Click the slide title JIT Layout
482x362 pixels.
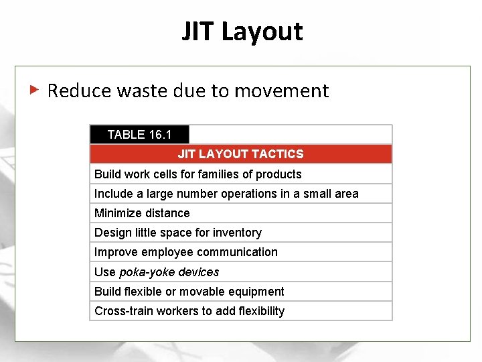point(242,32)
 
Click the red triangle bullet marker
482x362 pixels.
point(34,89)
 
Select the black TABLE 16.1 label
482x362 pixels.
point(139,135)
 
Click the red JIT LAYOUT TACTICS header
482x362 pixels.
point(240,154)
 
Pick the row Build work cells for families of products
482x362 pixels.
point(198,174)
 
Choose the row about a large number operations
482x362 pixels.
point(226,194)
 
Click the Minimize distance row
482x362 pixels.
point(142,213)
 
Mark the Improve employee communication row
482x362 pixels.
point(186,252)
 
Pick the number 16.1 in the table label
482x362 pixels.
point(160,135)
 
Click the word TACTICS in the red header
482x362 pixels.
point(280,154)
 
